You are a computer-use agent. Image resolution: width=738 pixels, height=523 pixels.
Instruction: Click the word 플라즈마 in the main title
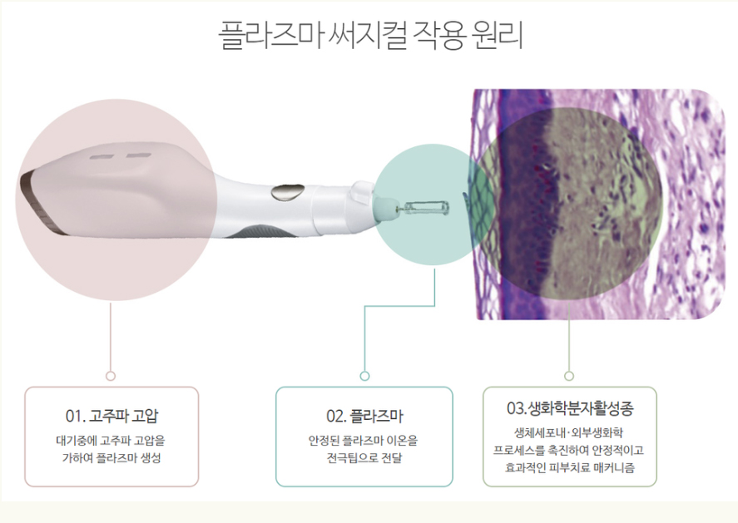(270, 34)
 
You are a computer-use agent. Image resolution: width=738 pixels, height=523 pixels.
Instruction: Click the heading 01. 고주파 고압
(112, 416)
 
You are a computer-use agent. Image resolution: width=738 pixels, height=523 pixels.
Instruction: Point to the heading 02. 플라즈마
(364, 416)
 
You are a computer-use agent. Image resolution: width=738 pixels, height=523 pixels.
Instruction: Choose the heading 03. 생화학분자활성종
(570, 407)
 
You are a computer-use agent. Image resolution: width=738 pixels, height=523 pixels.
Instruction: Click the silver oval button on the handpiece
(287, 192)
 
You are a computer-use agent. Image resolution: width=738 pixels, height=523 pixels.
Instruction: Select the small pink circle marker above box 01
(111, 376)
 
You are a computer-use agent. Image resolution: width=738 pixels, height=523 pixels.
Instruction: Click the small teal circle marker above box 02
(364, 376)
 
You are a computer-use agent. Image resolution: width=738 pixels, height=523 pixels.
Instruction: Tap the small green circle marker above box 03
(569, 376)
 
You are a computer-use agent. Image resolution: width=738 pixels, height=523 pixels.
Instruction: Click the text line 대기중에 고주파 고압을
(111, 441)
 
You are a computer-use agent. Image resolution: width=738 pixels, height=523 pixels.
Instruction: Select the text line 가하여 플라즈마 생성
(111, 457)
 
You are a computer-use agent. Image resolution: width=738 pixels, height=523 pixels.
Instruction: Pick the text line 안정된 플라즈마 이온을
(363, 441)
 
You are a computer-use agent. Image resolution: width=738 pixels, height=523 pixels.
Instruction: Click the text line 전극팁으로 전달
(364, 457)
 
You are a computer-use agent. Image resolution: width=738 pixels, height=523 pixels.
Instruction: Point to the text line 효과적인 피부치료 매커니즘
(569, 468)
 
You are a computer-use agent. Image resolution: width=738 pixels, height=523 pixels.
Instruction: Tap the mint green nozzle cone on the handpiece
(385, 206)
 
